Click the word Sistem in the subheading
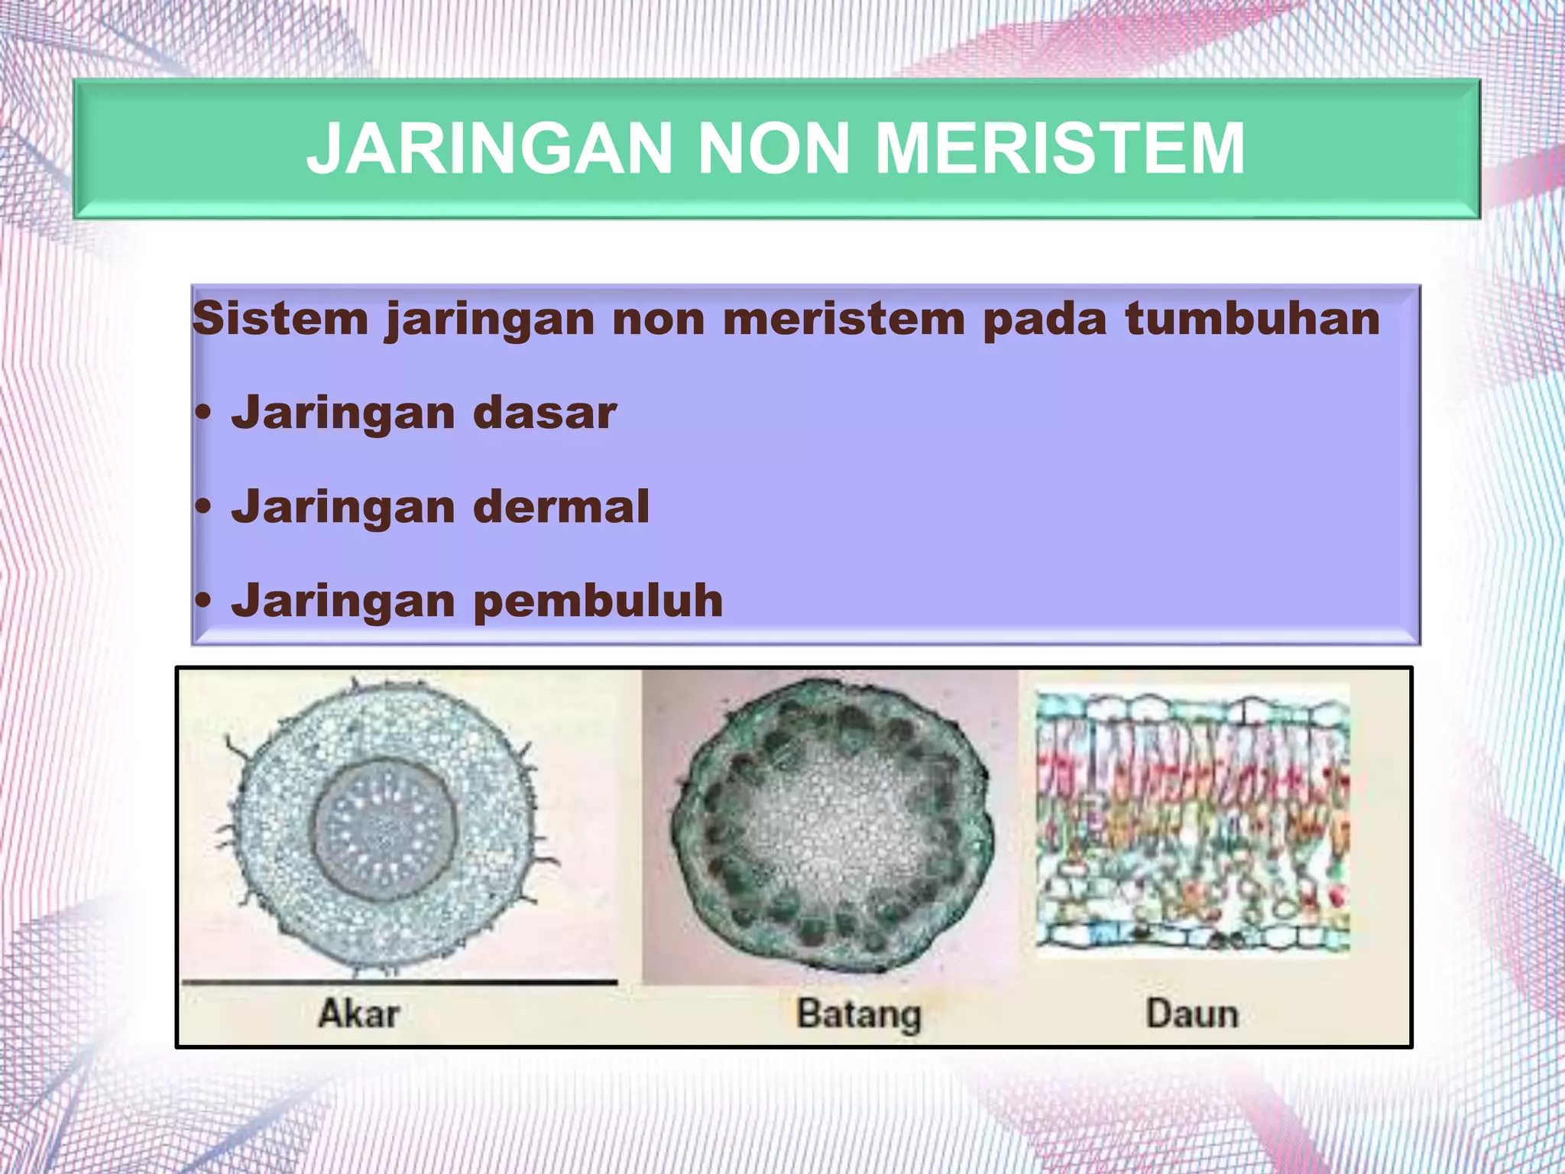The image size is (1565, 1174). pyautogui.click(x=280, y=318)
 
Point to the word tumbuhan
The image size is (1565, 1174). pyautogui.click(x=1252, y=318)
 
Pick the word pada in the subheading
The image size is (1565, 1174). pyautogui.click(x=1044, y=319)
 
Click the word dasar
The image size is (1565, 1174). pyautogui.click(x=545, y=413)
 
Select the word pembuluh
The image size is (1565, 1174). pyautogui.click(x=598, y=601)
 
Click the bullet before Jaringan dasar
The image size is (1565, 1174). pyautogui.click(x=203, y=414)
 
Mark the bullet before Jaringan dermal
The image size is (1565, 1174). pyautogui.click(x=203, y=508)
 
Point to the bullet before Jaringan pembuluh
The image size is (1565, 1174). pyautogui.click(x=203, y=602)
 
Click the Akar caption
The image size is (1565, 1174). pyautogui.click(x=358, y=1013)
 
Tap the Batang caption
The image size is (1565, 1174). pyautogui.click(x=859, y=1014)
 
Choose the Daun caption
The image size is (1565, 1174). pyautogui.click(x=1192, y=1013)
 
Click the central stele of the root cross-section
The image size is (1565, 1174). pyautogui.click(x=385, y=829)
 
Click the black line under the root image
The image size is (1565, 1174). pyautogui.click(x=399, y=981)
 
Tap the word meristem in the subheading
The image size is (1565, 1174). pyautogui.click(x=844, y=318)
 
